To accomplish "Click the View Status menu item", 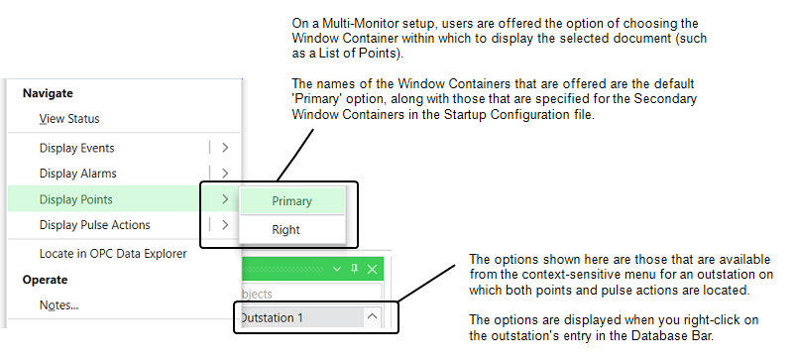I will coord(69,119).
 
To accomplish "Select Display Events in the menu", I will coord(76,148).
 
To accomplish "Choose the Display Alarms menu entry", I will coord(77,174).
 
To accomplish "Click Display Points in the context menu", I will coord(75,199).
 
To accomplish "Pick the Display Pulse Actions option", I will coord(94,225).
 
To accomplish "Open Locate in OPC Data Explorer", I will coord(113,254).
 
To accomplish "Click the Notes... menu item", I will coord(58,305).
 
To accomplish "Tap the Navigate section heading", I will coord(48,92).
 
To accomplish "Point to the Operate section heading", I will coord(45,280).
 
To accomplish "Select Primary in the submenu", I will coord(292,201).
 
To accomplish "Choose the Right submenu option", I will coord(285,230).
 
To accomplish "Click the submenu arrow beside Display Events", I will coord(225,148).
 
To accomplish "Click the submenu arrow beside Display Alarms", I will coord(225,174).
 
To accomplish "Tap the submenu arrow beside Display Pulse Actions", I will coord(225,225).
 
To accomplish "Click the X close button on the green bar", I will coord(373,270).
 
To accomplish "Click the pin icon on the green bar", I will coord(355,270).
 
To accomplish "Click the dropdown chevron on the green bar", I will coord(337,270).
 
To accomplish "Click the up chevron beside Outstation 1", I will coord(372,317).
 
